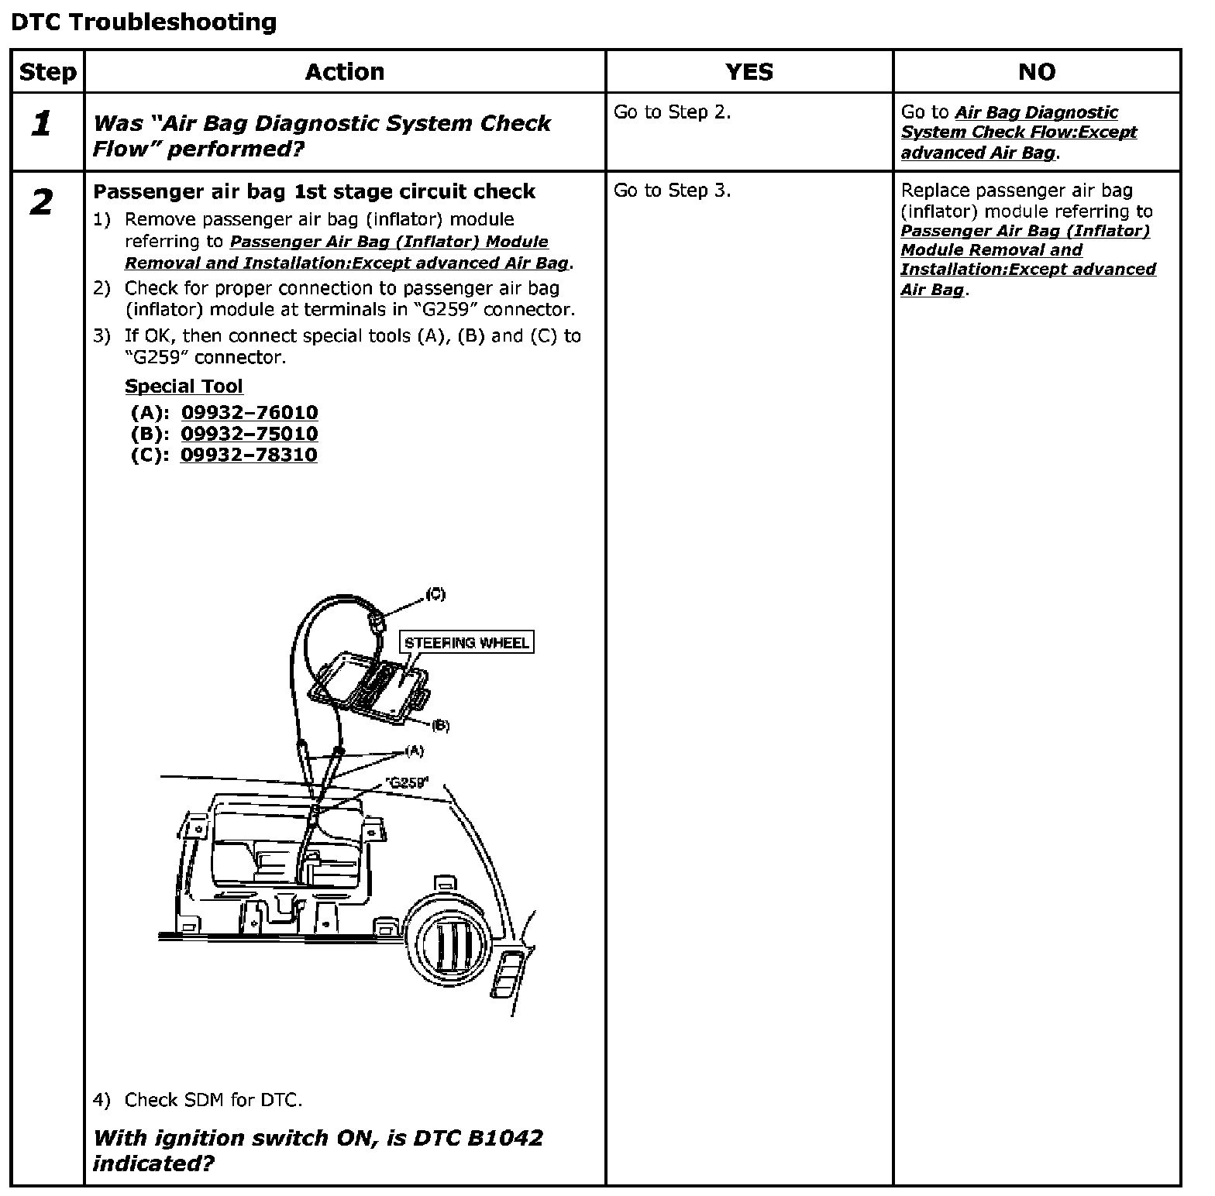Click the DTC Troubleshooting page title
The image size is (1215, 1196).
click(143, 22)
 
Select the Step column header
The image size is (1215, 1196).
click(47, 72)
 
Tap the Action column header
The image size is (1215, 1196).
click(344, 72)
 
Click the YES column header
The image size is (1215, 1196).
click(749, 72)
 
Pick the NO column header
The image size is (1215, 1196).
click(1036, 72)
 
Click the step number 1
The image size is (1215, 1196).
click(42, 124)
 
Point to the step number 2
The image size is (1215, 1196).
click(42, 203)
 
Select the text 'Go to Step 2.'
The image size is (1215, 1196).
click(672, 112)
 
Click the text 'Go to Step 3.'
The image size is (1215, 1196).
click(672, 191)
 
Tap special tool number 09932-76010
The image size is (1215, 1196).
click(250, 413)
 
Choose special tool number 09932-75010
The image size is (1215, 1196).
click(250, 434)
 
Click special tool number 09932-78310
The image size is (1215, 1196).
click(249, 455)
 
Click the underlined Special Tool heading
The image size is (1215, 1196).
click(184, 387)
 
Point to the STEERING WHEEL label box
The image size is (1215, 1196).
click(466, 642)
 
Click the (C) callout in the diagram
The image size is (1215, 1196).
click(435, 594)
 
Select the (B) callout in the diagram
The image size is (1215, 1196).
click(439, 726)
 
